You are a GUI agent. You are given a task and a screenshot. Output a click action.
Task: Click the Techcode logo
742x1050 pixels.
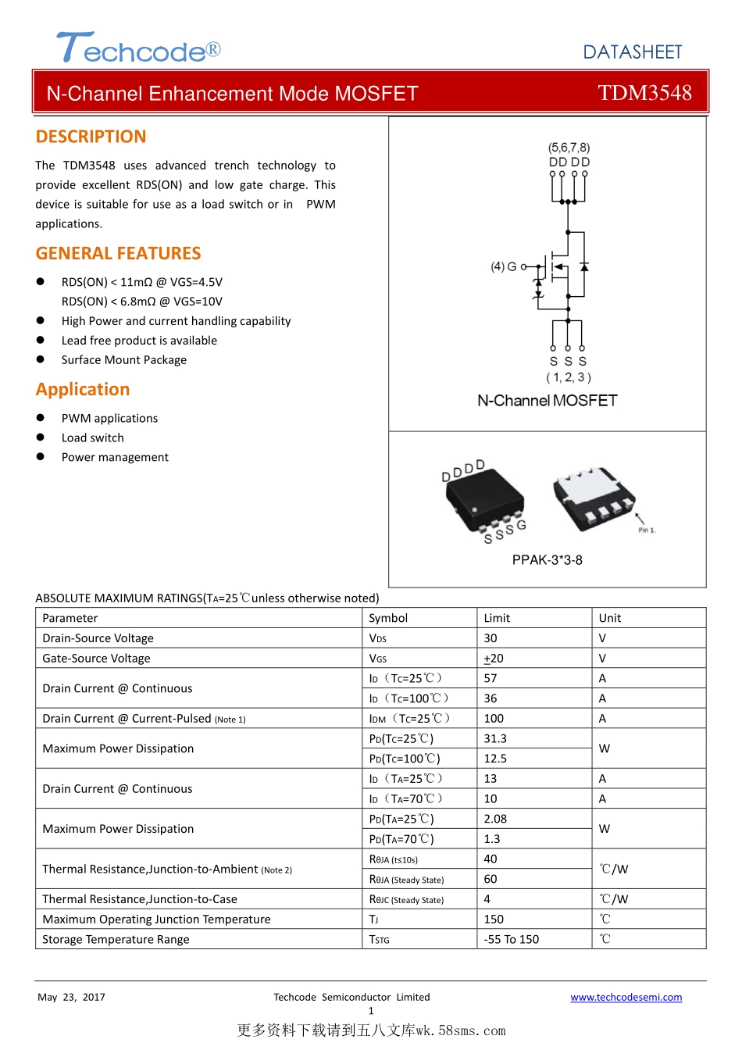pos(138,48)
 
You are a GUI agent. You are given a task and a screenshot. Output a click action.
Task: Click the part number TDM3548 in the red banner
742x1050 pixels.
pos(644,93)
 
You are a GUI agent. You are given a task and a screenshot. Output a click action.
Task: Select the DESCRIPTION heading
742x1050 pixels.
pos(91,137)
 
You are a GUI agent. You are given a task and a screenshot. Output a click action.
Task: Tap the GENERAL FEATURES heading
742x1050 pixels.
pos(118,253)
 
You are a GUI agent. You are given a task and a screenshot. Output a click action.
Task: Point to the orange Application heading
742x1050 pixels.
pos(83,389)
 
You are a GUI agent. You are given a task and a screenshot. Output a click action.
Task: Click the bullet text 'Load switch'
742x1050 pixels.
pos(92,437)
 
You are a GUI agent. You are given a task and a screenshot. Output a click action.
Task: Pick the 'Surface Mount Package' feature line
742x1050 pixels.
pos(123,360)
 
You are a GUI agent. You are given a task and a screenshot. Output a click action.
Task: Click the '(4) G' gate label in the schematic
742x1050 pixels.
pos(503,266)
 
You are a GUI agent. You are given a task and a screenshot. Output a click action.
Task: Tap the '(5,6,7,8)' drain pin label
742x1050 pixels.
pos(569,148)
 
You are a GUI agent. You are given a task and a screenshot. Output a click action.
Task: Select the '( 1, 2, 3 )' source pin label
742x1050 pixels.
pos(568,377)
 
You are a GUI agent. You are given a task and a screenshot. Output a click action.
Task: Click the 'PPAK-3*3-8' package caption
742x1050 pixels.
pos(547,560)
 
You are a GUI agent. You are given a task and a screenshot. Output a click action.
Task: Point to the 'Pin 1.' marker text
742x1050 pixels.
pos(647,530)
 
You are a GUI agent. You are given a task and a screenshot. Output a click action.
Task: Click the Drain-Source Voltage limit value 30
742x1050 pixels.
pos(491,638)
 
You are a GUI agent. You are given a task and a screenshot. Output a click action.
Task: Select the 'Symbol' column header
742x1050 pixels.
pos(388,618)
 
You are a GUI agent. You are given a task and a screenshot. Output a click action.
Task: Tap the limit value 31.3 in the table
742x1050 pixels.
pos(495,738)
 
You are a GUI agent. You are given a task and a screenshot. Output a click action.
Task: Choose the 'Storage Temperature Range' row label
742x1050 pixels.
pos(116,939)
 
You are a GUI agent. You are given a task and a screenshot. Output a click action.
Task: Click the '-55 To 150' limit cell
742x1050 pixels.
pos(512,939)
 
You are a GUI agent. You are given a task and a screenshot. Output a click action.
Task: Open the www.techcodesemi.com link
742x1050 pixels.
pos(626,997)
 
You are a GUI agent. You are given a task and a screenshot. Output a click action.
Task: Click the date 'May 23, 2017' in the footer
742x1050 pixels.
pos(71,997)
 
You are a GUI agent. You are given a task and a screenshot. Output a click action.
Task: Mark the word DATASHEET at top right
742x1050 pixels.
pos(633,52)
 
